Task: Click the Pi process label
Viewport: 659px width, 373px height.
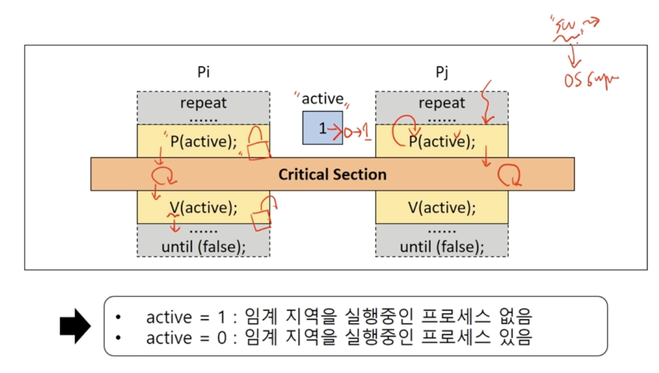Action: (x=203, y=73)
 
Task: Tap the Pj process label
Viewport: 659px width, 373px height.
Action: (x=441, y=73)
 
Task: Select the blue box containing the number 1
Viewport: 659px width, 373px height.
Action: (x=323, y=128)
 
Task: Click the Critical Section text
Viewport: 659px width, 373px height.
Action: (x=332, y=174)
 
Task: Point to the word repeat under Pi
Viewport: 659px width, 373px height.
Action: (x=203, y=104)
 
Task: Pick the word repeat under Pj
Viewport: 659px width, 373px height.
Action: (x=442, y=104)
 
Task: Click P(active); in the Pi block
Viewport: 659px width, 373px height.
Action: (x=203, y=141)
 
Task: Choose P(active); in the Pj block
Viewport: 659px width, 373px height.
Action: (x=442, y=141)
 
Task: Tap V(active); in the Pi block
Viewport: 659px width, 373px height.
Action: (x=203, y=207)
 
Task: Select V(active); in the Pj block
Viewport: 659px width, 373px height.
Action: (x=442, y=207)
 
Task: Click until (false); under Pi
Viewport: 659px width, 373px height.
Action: (x=203, y=247)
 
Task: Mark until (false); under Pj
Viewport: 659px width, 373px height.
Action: (x=442, y=247)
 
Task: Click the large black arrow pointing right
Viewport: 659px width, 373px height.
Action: (x=75, y=327)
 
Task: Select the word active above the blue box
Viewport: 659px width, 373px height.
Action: (x=322, y=99)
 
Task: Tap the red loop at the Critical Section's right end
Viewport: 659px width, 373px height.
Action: (x=509, y=176)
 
